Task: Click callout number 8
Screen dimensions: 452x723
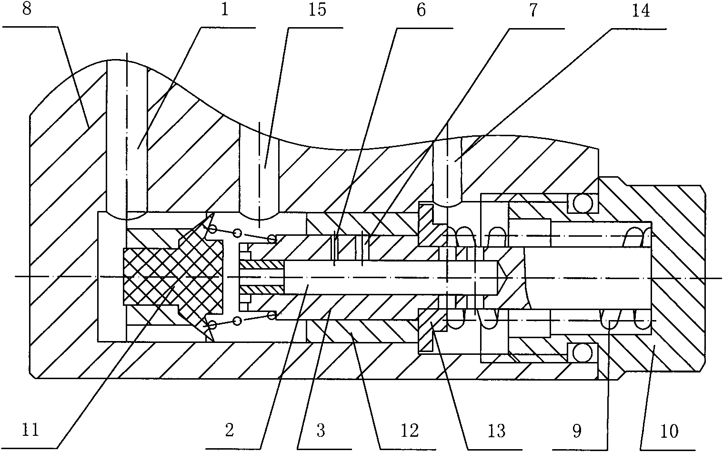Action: [x=27, y=10]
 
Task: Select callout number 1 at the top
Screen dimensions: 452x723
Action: [x=225, y=10]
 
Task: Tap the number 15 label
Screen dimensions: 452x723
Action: [x=317, y=10]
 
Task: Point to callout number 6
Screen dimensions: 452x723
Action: [x=421, y=10]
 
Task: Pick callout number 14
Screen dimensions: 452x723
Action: [x=641, y=10]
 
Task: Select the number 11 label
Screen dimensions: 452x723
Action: [x=30, y=431]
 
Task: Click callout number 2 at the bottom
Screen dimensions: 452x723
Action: [x=230, y=431]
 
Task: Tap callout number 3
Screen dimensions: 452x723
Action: [x=320, y=431]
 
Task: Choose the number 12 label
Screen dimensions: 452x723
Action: [x=410, y=431]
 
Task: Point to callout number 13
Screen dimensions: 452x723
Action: [x=496, y=431]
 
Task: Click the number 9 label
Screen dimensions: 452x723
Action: [x=577, y=431]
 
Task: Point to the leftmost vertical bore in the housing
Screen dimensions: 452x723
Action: [x=127, y=138]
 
